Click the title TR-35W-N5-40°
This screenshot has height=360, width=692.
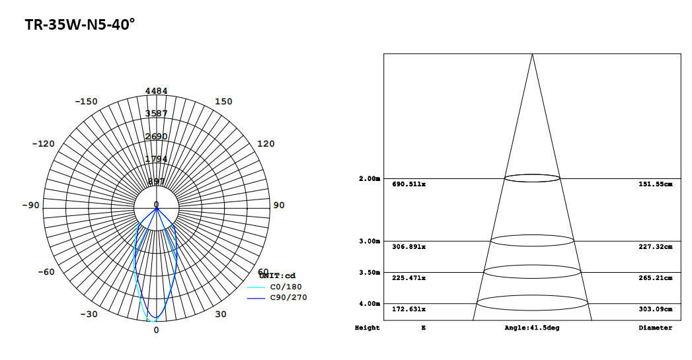(x=80, y=25)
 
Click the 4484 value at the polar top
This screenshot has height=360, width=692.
(x=156, y=90)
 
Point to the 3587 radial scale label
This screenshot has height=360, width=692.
(x=156, y=114)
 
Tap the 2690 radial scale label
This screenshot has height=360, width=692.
(x=156, y=137)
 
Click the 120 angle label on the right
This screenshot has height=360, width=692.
(x=265, y=144)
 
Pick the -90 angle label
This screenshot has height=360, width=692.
(x=30, y=205)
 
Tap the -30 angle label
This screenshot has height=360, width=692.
(x=90, y=314)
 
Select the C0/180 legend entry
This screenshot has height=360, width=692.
(x=286, y=287)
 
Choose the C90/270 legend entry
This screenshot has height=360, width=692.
(x=288, y=298)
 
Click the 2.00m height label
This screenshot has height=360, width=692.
(x=369, y=179)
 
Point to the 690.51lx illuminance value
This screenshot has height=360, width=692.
(x=408, y=184)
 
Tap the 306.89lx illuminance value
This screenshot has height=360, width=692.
(x=408, y=246)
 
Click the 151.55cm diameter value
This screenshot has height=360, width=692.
(x=655, y=184)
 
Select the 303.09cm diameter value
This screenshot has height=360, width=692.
(x=655, y=309)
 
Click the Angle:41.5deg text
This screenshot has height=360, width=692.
(x=531, y=328)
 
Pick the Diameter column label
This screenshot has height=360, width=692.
(x=655, y=328)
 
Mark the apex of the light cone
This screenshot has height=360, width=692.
(x=532, y=54)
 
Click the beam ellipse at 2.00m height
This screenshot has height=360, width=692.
(x=532, y=178)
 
